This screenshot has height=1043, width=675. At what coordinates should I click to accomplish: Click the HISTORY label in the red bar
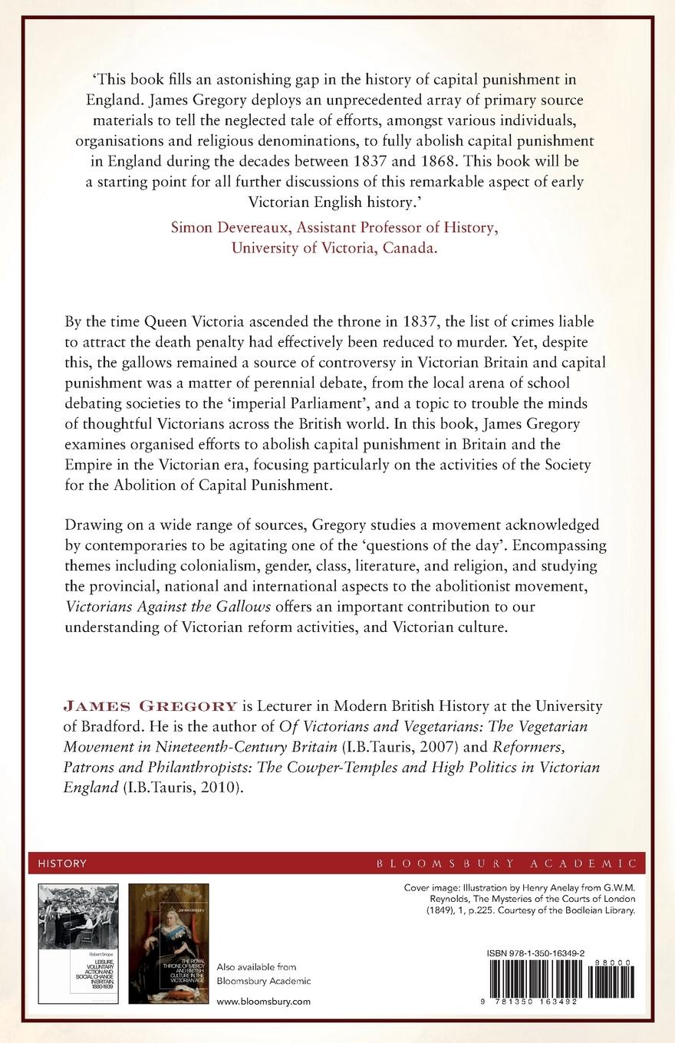(62, 864)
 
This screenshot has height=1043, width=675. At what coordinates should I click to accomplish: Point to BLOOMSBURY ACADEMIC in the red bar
(506, 864)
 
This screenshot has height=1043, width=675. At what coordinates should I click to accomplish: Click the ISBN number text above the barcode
(546, 953)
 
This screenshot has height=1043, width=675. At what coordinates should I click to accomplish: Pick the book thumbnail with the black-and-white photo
(78, 943)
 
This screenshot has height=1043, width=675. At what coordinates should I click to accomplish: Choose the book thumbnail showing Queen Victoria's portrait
(168, 943)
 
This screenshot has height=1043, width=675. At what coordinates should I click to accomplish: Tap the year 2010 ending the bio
(224, 788)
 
